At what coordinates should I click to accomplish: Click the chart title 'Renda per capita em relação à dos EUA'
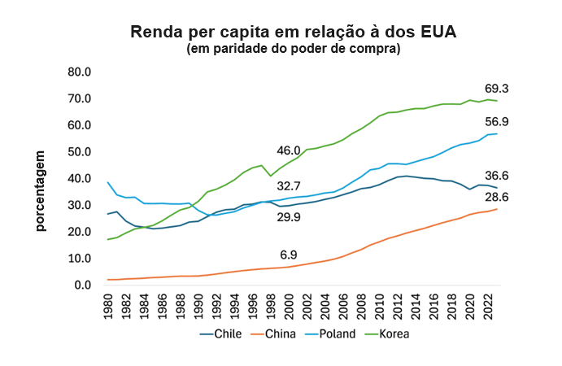pos(294,33)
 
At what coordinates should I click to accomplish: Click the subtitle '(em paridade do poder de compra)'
pos(294,50)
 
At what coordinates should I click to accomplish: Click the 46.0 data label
pos(289,150)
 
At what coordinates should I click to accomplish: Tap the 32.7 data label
pos(289,186)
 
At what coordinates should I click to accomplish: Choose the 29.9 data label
pos(289,217)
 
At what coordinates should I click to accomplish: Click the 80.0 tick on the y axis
pos(80,72)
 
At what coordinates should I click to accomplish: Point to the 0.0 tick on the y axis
pos(83,285)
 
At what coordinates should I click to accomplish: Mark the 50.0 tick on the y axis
pos(80,152)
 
